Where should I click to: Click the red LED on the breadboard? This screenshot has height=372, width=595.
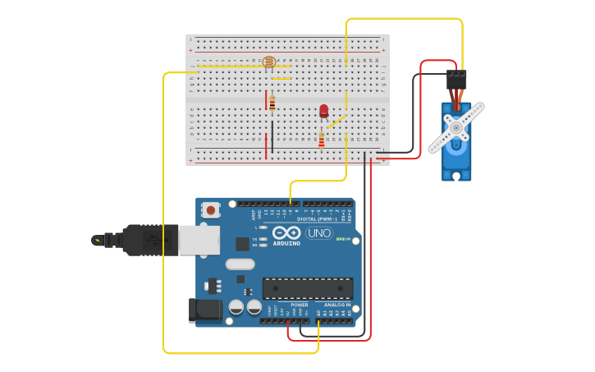click(x=323, y=110)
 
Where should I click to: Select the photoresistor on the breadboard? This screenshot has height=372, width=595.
click(x=268, y=62)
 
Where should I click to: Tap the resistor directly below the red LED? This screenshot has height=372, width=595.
click(x=322, y=140)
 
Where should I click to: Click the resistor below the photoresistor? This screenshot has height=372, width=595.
click(x=272, y=103)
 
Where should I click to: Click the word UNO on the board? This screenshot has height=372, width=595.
click(x=318, y=233)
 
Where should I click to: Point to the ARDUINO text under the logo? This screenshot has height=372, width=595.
click(x=286, y=243)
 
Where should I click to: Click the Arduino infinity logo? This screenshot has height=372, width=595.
click(x=286, y=232)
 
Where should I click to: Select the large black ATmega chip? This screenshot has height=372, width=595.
click(x=307, y=287)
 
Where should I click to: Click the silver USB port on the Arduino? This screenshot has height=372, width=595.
click(x=199, y=240)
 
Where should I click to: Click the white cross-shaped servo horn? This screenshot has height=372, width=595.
click(x=455, y=128)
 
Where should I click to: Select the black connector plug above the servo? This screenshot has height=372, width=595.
click(x=455, y=79)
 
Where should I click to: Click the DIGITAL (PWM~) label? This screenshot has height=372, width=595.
click(x=318, y=219)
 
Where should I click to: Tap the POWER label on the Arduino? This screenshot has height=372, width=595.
click(x=299, y=305)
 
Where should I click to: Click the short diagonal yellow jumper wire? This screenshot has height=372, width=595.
click(x=336, y=122)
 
